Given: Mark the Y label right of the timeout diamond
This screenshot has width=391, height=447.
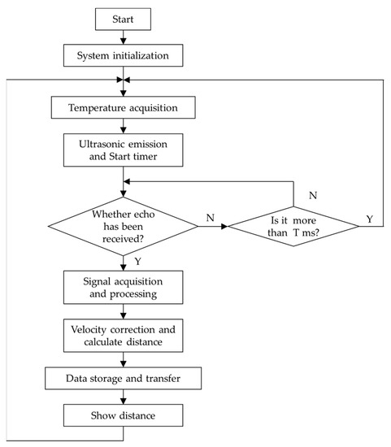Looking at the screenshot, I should pyautogui.click(x=371, y=219).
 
